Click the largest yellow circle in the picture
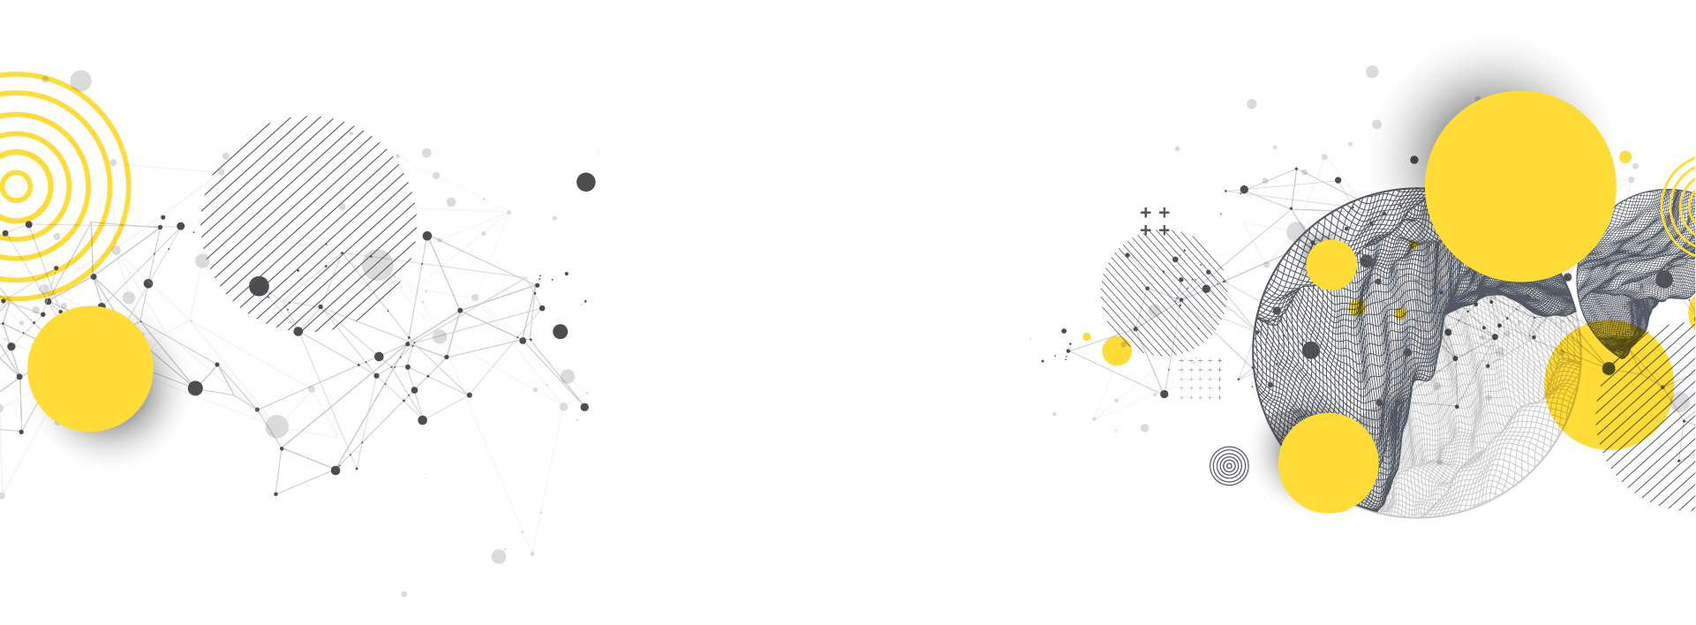tap(1520, 186)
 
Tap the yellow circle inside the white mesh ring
tap(1330, 264)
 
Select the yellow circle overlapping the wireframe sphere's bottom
tap(1328, 463)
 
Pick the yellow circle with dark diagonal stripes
tap(1609, 386)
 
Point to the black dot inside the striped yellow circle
tap(1609, 368)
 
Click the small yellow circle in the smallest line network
tap(1117, 350)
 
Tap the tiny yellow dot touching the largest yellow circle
tap(1625, 157)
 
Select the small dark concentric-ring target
tap(1228, 465)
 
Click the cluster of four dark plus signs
tap(1155, 222)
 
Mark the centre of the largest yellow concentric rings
tap(15, 185)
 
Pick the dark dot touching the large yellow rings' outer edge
tap(80, 80)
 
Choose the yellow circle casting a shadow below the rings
tap(90, 369)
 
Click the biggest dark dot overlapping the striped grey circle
tap(378, 265)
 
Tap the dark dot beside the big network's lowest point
tap(499, 556)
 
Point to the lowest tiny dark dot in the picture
tap(404, 594)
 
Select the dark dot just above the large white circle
tap(1372, 72)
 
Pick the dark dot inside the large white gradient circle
tap(1414, 160)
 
